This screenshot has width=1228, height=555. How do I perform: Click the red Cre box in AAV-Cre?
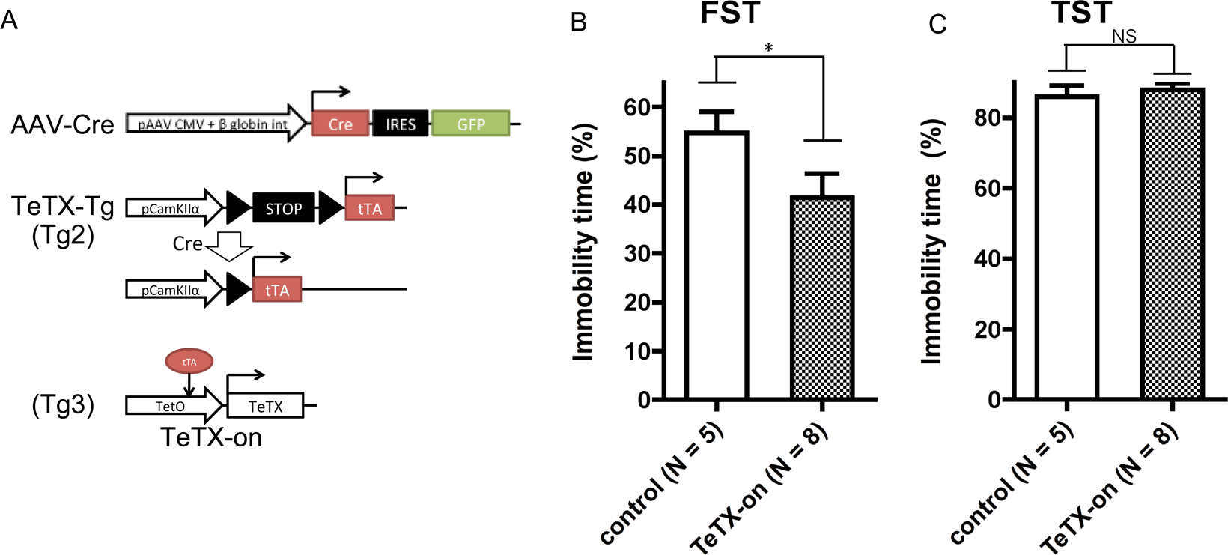tap(340, 124)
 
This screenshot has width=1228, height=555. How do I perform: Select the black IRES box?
tap(400, 124)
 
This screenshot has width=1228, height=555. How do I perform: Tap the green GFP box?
tap(470, 124)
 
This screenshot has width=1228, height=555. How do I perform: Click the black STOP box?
tap(283, 208)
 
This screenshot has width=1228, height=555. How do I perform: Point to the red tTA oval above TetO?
tap(189, 362)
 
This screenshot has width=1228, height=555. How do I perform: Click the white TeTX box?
tap(265, 406)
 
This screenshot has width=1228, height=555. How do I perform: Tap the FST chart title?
tap(730, 13)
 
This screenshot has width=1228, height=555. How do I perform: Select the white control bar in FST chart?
tap(717, 265)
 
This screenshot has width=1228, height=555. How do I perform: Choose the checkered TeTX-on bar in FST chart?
tap(822, 297)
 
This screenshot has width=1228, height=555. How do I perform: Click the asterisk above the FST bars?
tap(768, 49)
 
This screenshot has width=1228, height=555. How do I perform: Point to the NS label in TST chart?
tap(1124, 36)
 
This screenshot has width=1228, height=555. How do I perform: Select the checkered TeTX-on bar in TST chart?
tap(1173, 243)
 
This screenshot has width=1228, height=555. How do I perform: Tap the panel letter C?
tap(937, 24)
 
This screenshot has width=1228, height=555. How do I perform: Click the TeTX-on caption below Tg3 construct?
tap(211, 437)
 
